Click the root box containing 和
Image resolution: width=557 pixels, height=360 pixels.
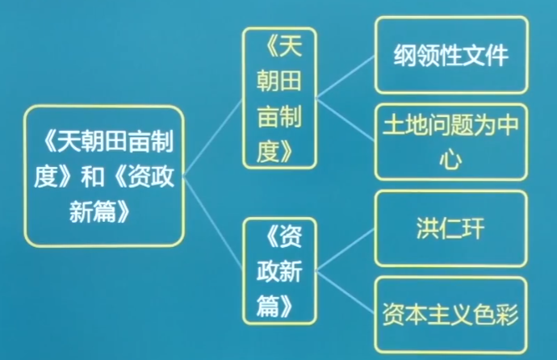click(103, 176)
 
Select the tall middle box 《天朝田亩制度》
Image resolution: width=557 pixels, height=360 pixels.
click(278, 97)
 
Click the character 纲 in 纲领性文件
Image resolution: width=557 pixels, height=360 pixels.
click(404, 57)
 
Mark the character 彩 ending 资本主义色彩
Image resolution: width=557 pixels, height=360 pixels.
click(511, 313)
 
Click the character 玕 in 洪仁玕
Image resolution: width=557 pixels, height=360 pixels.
click(480, 228)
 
